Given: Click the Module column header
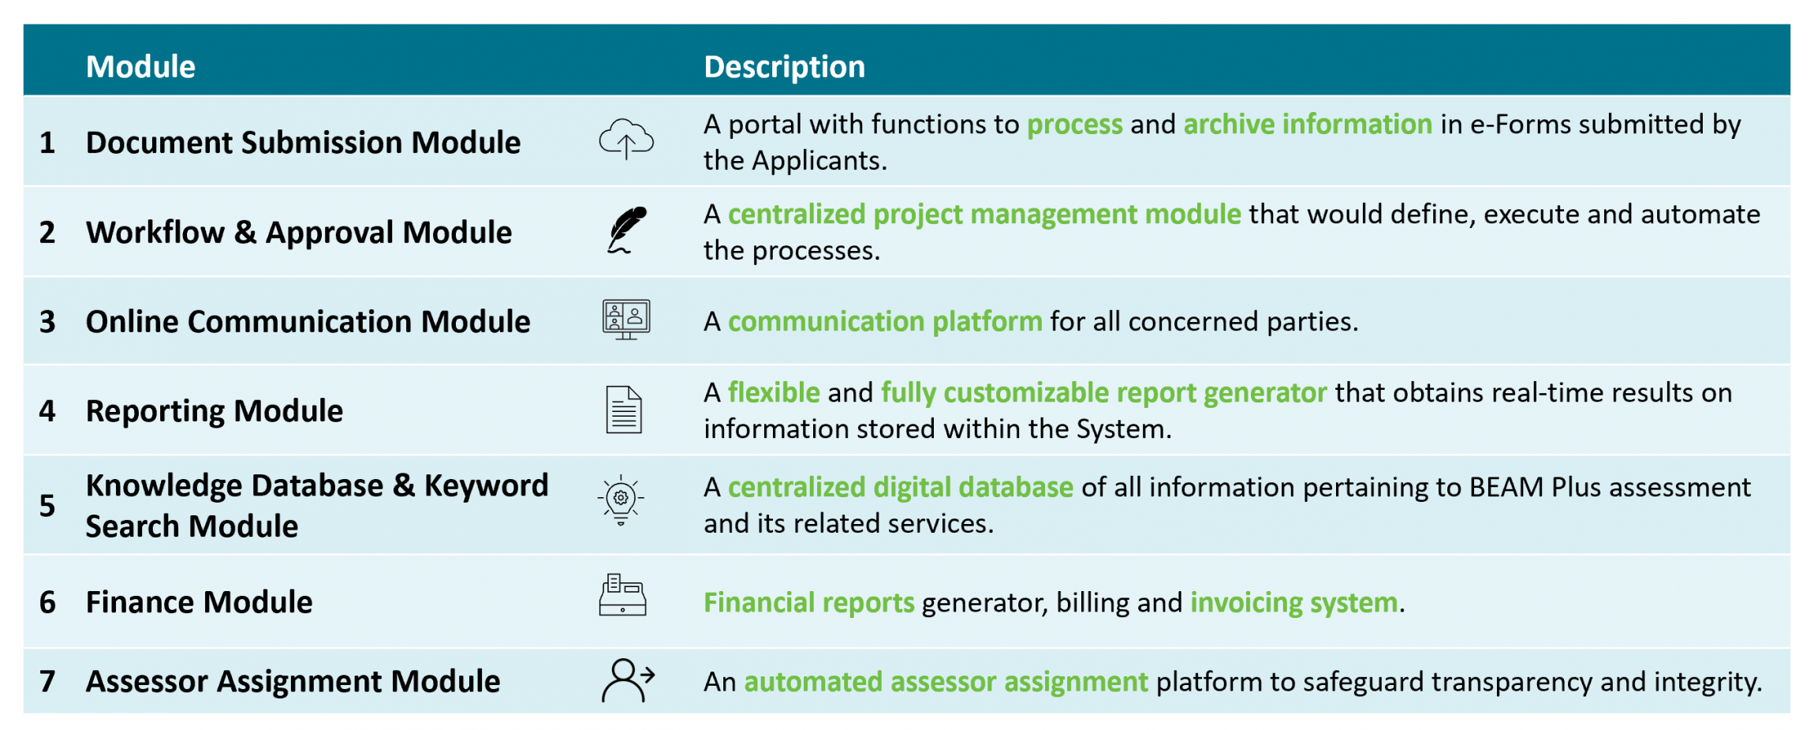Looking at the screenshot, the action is pos(140,67).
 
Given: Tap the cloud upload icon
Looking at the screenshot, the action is pos(626,139).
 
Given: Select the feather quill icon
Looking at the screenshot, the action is pos(627,230).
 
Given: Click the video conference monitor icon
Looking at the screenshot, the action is pos(626,320).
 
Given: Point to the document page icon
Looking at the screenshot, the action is pos(624,410).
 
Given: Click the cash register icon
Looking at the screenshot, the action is pos(623,595).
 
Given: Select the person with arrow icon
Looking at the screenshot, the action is pos(628,680).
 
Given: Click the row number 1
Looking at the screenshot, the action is pos(47,143).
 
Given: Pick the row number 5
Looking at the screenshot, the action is pos(47,506).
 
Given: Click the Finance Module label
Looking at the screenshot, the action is pos(199,602).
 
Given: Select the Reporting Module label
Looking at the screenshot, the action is pos(215,411).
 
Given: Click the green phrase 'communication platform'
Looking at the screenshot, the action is pos(885,322).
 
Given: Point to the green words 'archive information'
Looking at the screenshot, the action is pos(1308,125).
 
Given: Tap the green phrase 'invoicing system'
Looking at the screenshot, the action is pos(1294,603).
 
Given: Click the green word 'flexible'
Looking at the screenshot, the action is pos(774,392).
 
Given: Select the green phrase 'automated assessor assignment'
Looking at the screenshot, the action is pos(946,682).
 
